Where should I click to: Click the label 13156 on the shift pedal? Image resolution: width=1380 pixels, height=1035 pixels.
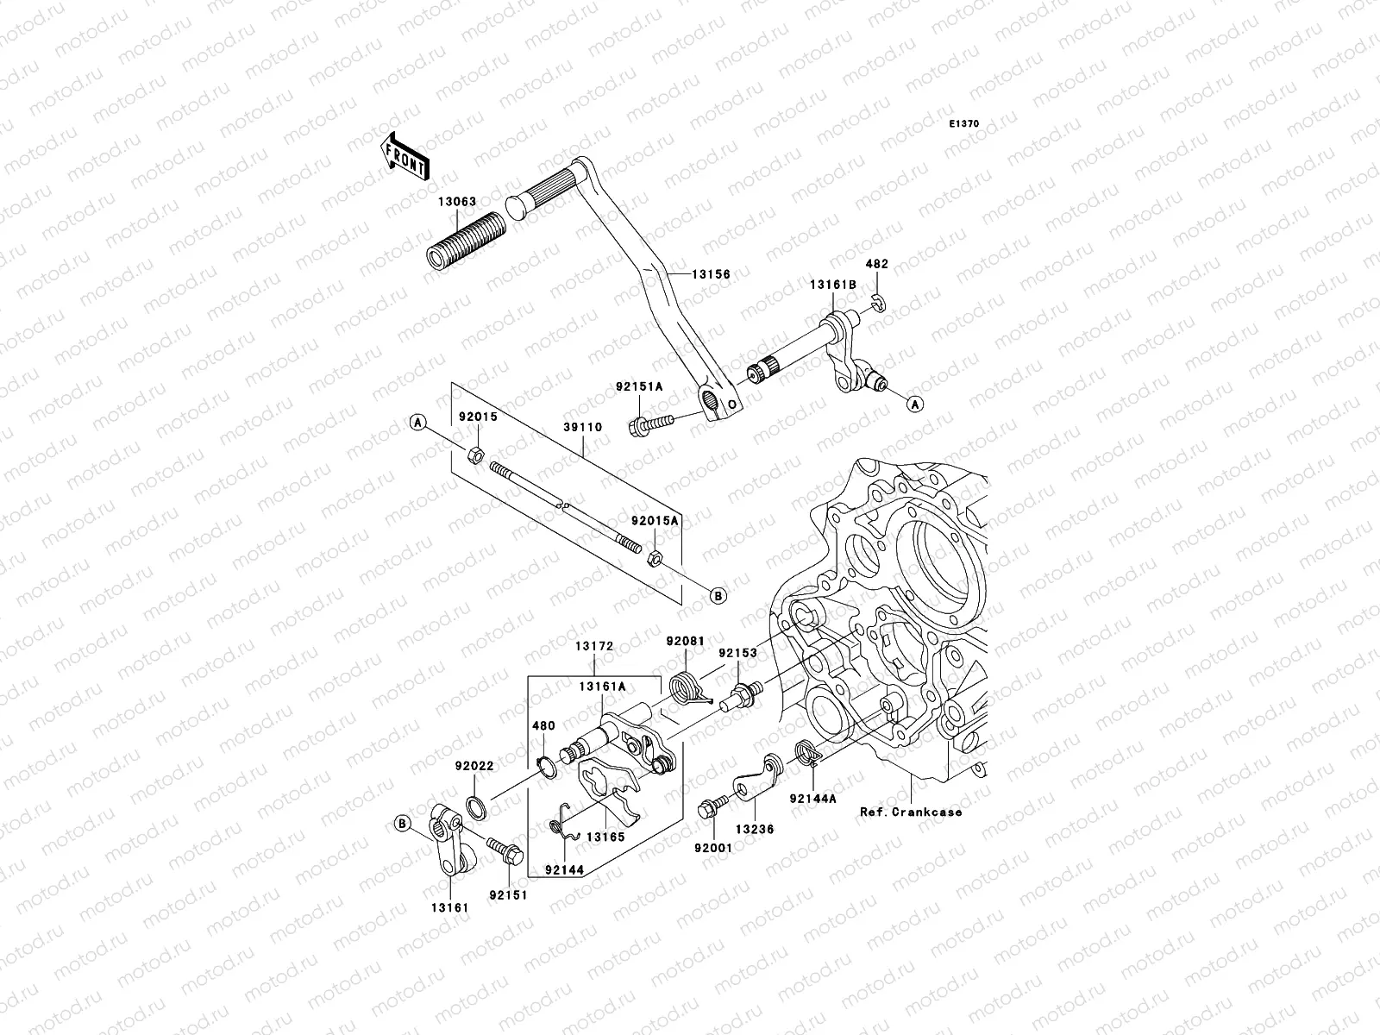tap(710, 274)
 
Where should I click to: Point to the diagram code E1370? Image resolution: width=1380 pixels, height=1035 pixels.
tap(964, 124)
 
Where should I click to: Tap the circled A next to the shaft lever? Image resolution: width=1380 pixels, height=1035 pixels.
tap(915, 403)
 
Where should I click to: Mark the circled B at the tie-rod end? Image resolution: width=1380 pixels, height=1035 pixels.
tap(718, 595)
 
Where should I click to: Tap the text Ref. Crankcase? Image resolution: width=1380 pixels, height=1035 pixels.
tap(910, 812)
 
